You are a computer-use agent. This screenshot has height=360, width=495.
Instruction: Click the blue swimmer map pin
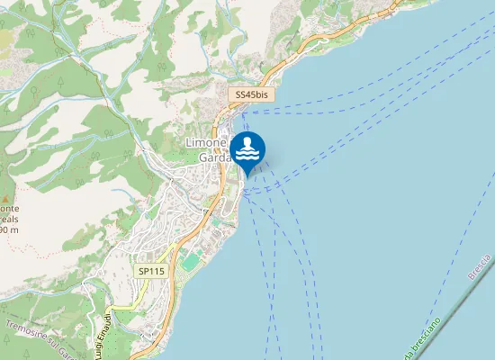coord(247,150)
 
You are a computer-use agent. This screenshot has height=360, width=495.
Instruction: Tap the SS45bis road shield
coord(252,94)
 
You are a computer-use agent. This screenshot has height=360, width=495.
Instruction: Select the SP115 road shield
coord(148,270)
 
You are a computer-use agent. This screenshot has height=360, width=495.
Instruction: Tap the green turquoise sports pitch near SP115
coord(189,262)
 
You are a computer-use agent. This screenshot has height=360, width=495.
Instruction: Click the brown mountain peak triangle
coord(5,196)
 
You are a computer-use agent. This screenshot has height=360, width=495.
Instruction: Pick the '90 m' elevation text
coord(9,229)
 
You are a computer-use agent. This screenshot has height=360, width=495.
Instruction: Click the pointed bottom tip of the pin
coord(247,175)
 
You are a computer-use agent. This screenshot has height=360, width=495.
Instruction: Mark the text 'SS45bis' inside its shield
coord(252,94)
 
